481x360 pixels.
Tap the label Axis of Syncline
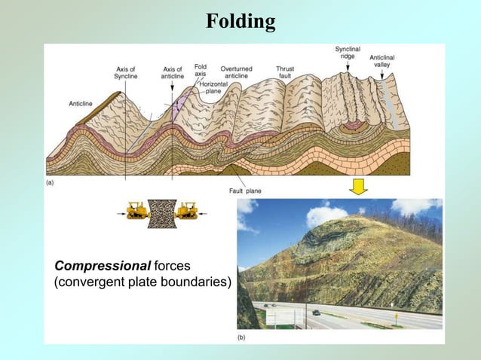pyautogui.click(x=126, y=72)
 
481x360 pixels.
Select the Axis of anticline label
pyautogui.click(x=173, y=72)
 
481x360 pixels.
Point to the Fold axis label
pyautogui.click(x=201, y=70)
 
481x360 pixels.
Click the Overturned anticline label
pyautogui.click(x=236, y=72)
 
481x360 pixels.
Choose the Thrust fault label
pyautogui.click(x=285, y=72)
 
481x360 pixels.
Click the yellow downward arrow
pyautogui.click(x=358, y=187)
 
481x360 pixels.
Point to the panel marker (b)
pyautogui.click(x=241, y=338)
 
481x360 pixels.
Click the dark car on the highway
pyautogui.click(x=315, y=312)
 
